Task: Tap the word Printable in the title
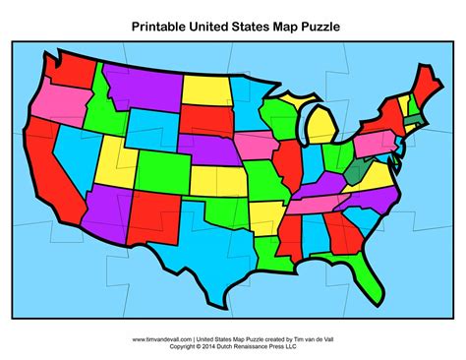pyautogui.click(x=161, y=25)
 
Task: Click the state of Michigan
pyautogui.click(x=325, y=129)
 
